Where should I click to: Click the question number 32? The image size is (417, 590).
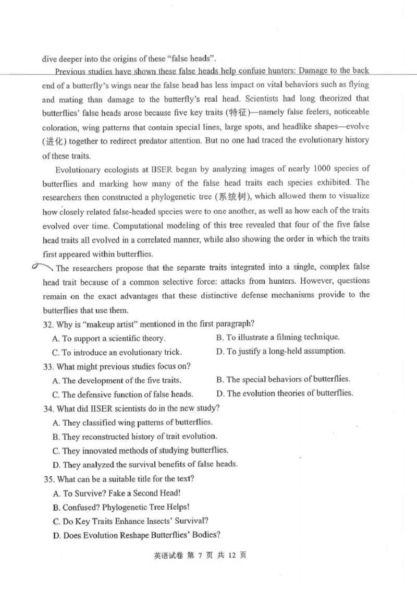47,323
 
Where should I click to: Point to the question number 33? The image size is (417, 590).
47,366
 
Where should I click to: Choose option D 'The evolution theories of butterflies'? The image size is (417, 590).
284,393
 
